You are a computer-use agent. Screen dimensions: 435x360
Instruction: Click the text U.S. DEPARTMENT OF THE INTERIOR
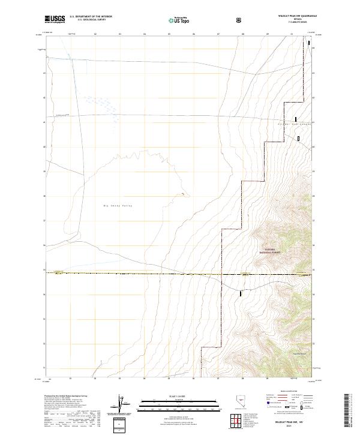[91, 17]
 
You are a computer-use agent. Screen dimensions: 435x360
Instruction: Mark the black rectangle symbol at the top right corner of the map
[309, 43]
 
